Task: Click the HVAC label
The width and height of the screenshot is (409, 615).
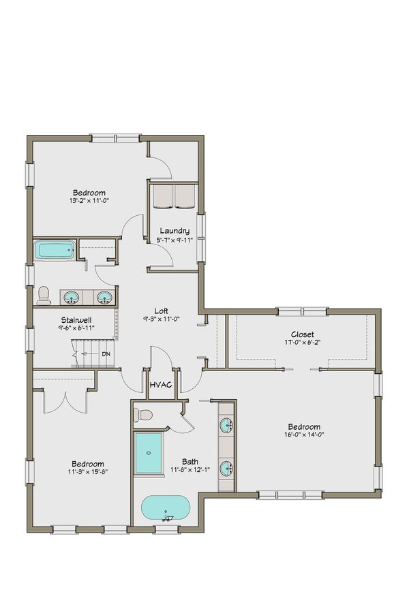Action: tap(161, 386)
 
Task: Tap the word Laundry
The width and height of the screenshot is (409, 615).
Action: tap(175, 231)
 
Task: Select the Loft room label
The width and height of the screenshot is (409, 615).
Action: tap(161, 311)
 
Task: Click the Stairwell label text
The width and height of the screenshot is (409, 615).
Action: tap(76, 319)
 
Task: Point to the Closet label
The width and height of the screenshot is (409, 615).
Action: tap(302, 334)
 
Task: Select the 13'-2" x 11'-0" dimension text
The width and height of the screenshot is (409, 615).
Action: tap(89, 201)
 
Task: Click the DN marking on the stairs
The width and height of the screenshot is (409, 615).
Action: tap(106, 354)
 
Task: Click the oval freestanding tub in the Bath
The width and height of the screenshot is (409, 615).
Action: tap(167, 507)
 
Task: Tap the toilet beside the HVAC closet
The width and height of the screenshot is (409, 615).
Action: tap(145, 415)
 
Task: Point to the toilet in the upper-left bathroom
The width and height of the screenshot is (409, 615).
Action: tap(44, 295)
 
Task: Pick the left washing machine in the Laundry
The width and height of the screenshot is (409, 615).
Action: tap(162, 196)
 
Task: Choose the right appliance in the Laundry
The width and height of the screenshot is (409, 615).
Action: tap(185, 196)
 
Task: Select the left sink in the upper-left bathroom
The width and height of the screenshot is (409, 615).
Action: tap(71, 297)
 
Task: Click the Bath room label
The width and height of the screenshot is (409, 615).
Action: tap(190, 461)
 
